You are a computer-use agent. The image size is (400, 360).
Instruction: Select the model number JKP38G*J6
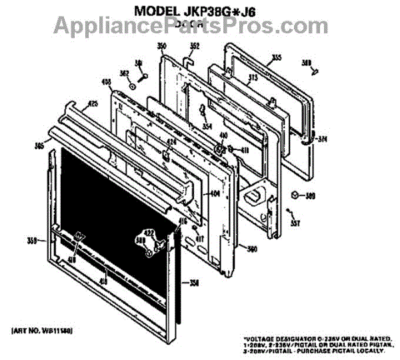click(x=227, y=11)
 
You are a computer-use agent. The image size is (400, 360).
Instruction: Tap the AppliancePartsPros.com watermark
click(x=201, y=26)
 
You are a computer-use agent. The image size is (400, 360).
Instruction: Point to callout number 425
click(x=93, y=103)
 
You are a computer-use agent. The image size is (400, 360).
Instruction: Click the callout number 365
click(x=39, y=145)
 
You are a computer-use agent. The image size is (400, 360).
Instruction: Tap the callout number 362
click(x=124, y=73)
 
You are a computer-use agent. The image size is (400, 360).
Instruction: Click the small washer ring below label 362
click(x=133, y=85)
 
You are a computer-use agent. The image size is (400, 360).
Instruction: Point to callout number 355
click(x=276, y=58)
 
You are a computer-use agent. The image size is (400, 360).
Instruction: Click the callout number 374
click(x=323, y=139)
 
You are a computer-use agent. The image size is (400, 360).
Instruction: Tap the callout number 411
click(x=243, y=149)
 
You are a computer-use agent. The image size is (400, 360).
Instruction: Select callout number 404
click(x=215, y=194)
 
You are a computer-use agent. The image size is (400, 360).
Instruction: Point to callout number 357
click(x=295, y=224)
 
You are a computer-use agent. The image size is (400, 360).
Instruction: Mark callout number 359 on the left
click(x=31, y=241)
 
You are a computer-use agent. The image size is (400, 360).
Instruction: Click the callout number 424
click(x=171, y=142)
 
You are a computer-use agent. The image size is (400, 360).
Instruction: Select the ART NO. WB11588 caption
click(x=42, y=331)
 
